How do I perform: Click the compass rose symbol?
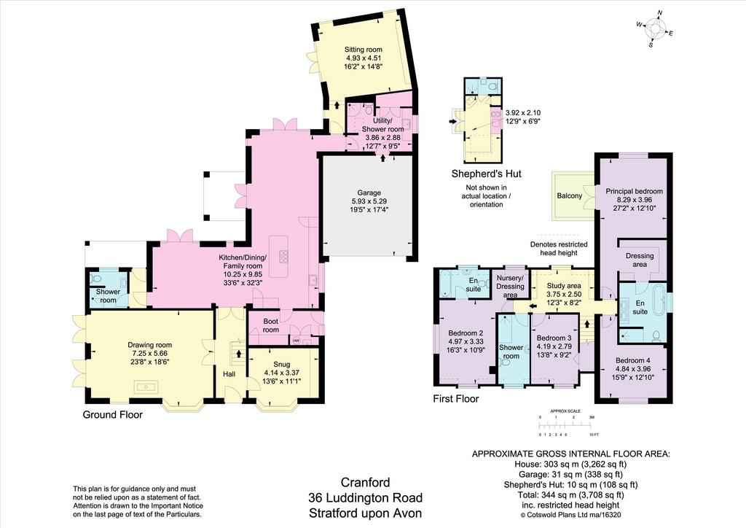click(x=655, y=28)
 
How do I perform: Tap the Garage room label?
click(x=369, y=193)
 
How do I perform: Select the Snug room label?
click(x=282, y=365)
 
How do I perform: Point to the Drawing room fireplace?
click(x=150, y=387)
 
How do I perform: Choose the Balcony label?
click(x=570, y=195)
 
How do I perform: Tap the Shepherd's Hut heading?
click(x=486, y=174)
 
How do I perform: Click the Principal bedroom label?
click(x=635, y=191)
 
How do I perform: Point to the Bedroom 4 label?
click(x=633, y=360)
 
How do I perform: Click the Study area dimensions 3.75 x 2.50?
click(x=564, y=294)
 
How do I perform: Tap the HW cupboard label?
click(x=297, y=341)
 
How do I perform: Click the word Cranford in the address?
click(x=366, y=482)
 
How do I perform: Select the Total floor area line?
click(x=570, y=494)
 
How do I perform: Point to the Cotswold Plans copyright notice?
click(x=571, y=515)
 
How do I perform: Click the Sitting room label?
click(x=364, y=50)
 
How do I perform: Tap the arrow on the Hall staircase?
click(x=238, y=354)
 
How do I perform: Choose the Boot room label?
click(x=271, y=326)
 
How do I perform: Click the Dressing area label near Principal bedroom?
click(x=640, y=260)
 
